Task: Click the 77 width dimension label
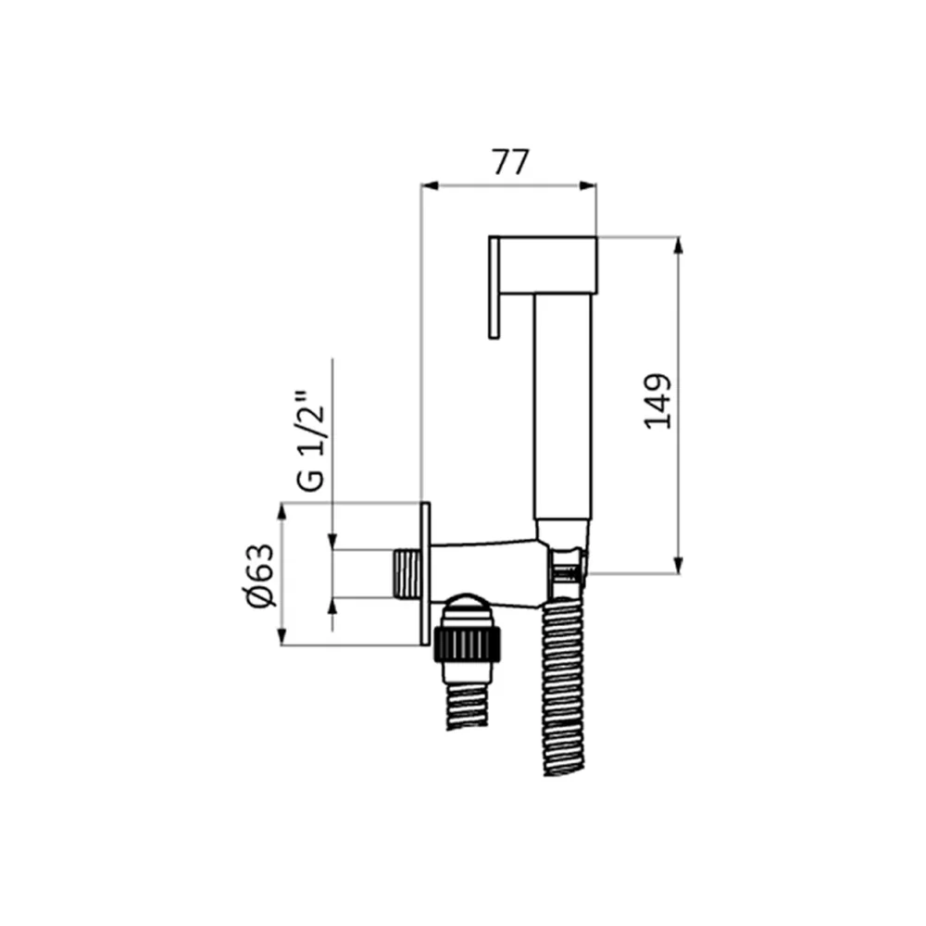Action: [511, 162]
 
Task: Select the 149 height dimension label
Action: [657, 401]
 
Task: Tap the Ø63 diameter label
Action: [261, 575]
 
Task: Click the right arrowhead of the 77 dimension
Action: [588, 186]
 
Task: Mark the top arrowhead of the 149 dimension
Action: [679, 245]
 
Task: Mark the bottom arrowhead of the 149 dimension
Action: [679, 565]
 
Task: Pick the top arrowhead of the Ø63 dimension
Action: [282, 511]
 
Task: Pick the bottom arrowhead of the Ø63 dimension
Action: [282, 637]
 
